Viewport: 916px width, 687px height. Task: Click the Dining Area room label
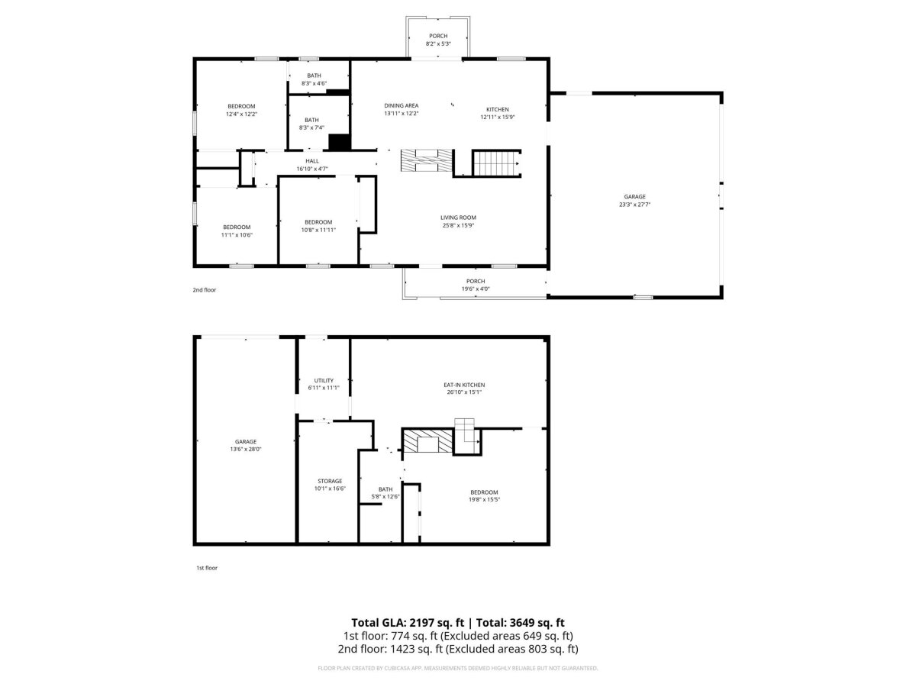point(401,105)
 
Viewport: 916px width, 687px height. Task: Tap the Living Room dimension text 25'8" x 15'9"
point(458,225)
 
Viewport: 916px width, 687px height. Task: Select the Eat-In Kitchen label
point(463,385)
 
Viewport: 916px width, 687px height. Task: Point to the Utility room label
point(324,380)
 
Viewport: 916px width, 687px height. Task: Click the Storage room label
point(330,481)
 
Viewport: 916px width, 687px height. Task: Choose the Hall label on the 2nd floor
point(311,160)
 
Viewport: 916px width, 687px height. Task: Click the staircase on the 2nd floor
point(496,163)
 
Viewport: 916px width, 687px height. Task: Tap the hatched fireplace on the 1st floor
point(427,440)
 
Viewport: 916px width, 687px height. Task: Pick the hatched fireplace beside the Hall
point(426,160)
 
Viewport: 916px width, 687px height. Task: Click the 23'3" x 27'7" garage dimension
point(634,205)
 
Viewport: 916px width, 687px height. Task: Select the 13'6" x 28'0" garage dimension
point(245,449)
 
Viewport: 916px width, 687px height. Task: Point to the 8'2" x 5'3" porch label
point(437,40)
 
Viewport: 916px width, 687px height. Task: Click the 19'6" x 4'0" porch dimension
point(476,289)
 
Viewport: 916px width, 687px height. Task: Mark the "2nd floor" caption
point(204,289)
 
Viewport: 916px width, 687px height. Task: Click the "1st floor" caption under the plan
point(207,567)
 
